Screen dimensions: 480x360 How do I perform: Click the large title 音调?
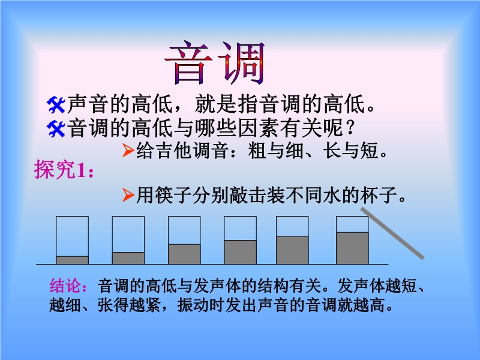pos(215,63)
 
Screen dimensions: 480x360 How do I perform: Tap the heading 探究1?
pos(64,169)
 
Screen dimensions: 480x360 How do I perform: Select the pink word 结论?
pos(65,286)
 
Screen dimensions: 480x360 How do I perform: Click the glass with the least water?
pos(72,240)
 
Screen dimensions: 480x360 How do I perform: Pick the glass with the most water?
pos(352,240)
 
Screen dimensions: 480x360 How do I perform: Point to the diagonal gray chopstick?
pos(392,233)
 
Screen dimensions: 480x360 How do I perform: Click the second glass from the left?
pos(128,240)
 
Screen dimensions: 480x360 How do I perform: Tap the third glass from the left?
pos(184,240)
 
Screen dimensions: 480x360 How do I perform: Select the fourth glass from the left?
pos(241,240)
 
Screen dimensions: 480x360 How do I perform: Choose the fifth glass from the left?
pos(292,240)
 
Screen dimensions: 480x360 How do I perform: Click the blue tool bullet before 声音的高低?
pos(56,105)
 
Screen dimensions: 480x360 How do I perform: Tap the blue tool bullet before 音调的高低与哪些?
pos(56,129)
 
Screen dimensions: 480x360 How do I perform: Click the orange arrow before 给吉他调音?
pos(128,150)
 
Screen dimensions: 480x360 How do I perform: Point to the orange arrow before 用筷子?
pos(128,195)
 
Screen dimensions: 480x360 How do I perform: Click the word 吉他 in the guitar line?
pos(173,151)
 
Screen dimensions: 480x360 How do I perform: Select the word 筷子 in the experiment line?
pos(173,195)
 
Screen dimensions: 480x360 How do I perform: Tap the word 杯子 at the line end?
pos(379,195)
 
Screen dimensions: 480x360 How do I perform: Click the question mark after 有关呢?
pos(350,128)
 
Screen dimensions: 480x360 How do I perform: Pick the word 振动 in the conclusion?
pos(193,305)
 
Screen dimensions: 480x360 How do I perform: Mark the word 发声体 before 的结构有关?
pos(217,286)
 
